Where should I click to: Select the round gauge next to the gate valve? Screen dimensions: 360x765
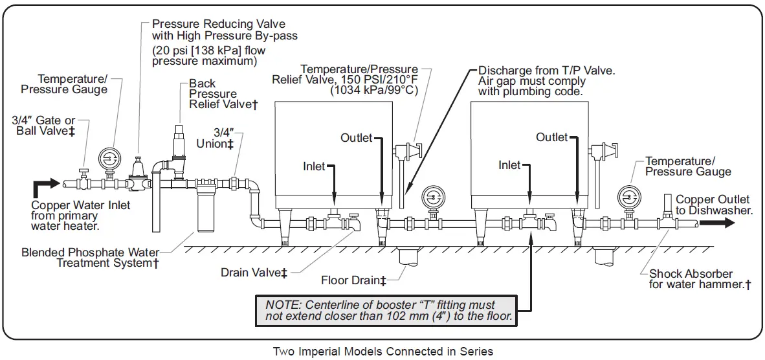point(109,159)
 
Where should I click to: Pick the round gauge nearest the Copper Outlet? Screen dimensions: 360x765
point(628,197)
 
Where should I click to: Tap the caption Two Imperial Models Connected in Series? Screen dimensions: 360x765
point(382,352)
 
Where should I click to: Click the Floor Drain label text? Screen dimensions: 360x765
point(353,280)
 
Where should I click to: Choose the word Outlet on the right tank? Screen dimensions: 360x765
point(551,137)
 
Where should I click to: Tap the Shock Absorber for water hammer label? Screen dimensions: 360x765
point(700,279)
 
